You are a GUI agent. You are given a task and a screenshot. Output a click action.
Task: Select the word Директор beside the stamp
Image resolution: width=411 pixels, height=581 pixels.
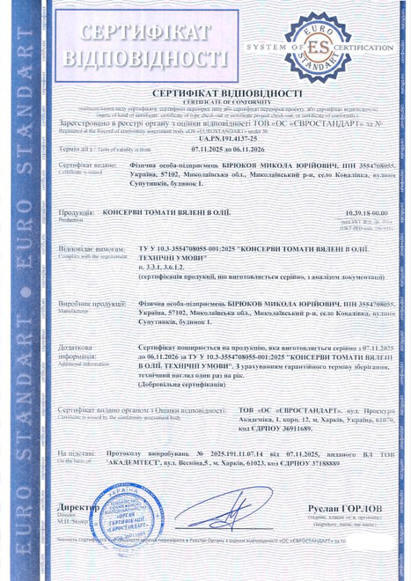click(77, 509)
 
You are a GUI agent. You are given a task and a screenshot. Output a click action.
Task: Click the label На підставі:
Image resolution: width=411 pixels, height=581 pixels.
click(77, 452)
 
